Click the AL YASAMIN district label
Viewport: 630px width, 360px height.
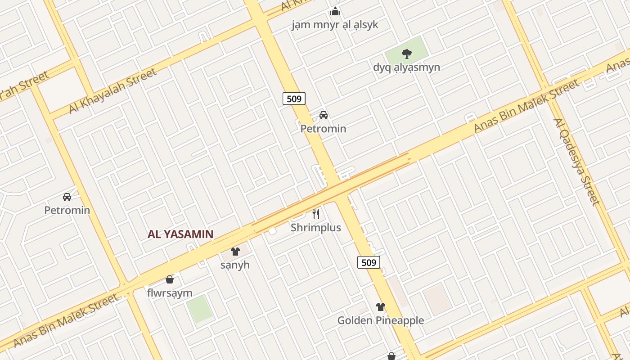pyautogui.click(x=180, y=234)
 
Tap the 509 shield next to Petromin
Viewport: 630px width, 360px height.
pyautogui.click(x=294, y=98)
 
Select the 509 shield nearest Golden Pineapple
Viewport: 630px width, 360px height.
pyautogui.click(x=369, y=262)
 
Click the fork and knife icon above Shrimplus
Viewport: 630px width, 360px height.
pyautogui.click(x=316, y=214)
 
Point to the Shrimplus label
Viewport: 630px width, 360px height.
pyautogui.click(x=315, y=228)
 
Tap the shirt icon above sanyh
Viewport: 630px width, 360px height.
pyautogui.click(x=235, y=252)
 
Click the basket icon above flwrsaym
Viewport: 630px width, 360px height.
pyautogui.click(x=170, y=280)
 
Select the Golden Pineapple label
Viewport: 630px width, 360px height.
pyautogui.click(x=381, y=320)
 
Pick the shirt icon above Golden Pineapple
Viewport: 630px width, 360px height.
pyautogui.click(x=381, y=307)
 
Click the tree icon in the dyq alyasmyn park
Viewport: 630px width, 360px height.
pyautogui.click(x=406, y=54)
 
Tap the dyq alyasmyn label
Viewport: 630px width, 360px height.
pyautogui.click(x=406, y=67)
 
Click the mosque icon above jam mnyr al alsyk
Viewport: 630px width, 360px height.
pyautogui.click(x=335, y=11)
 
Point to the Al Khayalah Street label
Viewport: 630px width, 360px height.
pyautogui.click(x=112, y=90)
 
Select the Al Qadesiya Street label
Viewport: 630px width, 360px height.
pyautogui.click(x=576, y=162)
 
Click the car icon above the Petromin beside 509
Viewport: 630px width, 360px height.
pyautogui.click(x=323, y=115)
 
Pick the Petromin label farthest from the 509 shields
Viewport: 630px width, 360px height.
pyautogui.click(x=67, y=210)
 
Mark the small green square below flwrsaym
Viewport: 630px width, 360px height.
pyautogui.click(x=199, y=309)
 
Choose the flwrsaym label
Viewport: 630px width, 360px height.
pyautogui.click(x=170, y=293)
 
